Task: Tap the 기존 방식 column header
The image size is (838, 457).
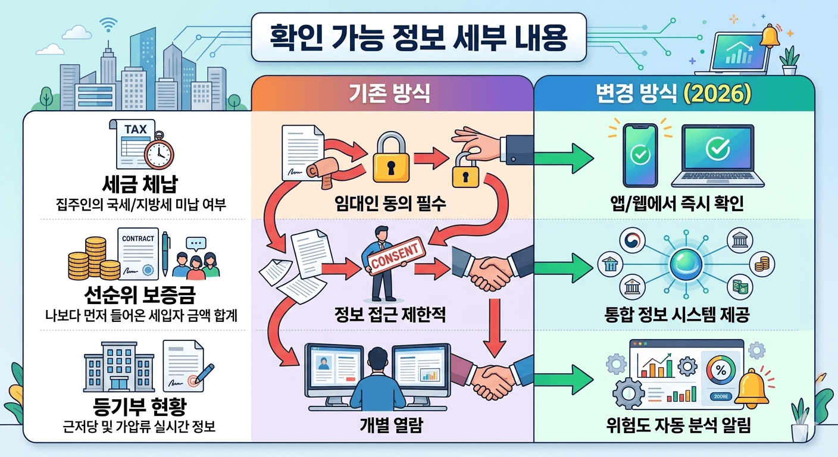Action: (392, 95)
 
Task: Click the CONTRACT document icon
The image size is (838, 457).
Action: (138, 253)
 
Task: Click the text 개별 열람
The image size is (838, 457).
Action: (391, 426)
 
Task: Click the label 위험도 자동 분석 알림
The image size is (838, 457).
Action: (676, 426)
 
